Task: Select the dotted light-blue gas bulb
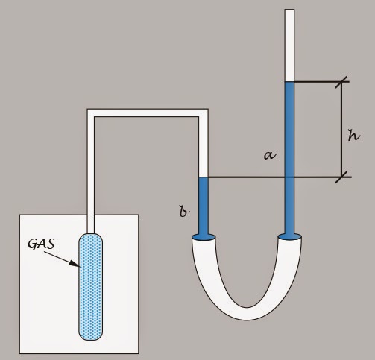pyautogui.click(x=92, y=287)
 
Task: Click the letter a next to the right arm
pyautogui.click(x=270, y=155)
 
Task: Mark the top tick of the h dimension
pyautogui.click(x=343, y=82)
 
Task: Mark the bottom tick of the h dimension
pyautogui.click(x=343, y=177)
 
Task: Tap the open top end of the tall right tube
pyautogui.click(x=290, y=10)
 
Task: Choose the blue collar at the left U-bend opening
pyautogui.click(x=204, y=238)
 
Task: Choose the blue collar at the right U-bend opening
pyautogui.click(x=290, y=238)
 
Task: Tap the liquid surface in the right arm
pyautogui.click(x=290, y=82)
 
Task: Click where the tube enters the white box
pyautogui.click(x=92, y=215)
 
